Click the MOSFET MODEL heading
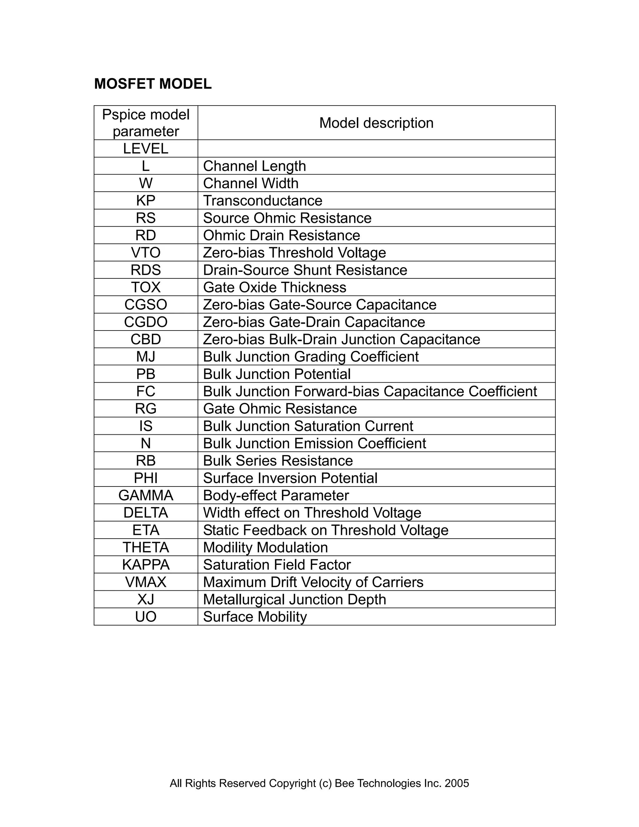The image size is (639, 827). click(x=153, y=84)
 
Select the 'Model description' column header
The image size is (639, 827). click(x=376, y=123)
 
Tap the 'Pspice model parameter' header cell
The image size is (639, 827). click(x=146, y=123)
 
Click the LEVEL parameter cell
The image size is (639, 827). click(x=146, y=149)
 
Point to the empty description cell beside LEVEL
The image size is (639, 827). click(x=376, y=149)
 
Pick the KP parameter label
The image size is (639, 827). click(x=146, y=200)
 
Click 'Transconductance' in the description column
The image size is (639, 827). click(x=263, y=201)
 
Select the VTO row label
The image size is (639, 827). click(x=146, y=252)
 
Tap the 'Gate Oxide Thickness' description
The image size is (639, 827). click(x=275, y=287)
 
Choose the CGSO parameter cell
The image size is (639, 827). click(x=146, y=305)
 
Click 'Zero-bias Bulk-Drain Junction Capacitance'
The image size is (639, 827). click(x=341, y=339)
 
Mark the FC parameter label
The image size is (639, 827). click(x=146, y=391)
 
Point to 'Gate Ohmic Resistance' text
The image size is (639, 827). click(x=280, y=409)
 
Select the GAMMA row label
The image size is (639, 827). click(x=146, y=495)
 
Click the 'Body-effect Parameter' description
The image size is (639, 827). click(x=276, y=495)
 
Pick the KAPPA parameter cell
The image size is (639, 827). click(x=146, y=565)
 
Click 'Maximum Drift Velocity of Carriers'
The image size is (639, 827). click(x=313, y=582)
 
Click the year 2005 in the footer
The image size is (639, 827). click(x=457, y=783)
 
